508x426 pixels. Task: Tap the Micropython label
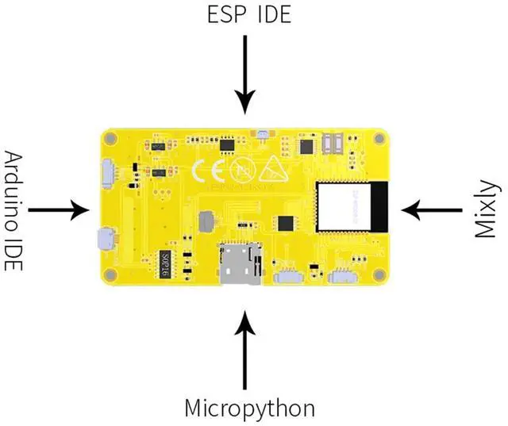tap(249, 409)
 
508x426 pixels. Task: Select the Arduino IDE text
tap(14, 210)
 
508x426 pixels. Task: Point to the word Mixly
tap(487, 209)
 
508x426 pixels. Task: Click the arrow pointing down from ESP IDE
tap(246, 72)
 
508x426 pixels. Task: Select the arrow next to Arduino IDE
tap(60, 210)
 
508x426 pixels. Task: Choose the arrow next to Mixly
tap(432, 210)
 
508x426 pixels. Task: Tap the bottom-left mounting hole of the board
tap(112, 274)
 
